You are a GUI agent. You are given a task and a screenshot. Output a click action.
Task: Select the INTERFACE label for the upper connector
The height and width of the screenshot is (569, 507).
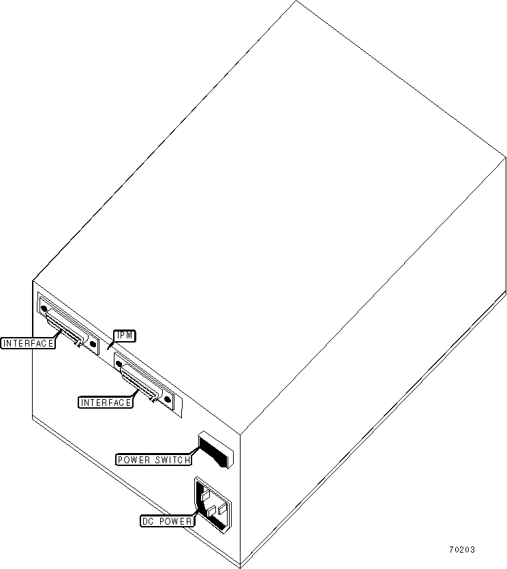pyautogui.click(x=28, y=343)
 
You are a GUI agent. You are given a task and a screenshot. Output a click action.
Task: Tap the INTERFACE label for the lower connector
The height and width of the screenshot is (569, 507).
pyautogui.click(x=106, y=403)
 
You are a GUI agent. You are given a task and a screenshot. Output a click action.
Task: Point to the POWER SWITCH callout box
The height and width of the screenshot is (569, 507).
pyautogui.click(x=154, y=460)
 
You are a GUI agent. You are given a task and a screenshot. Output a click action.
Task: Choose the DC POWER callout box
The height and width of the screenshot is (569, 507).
pyautogui.click(x=167, y=522)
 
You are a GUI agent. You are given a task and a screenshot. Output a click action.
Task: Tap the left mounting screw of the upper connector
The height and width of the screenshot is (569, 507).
pyautogui.click(x=45, y=310)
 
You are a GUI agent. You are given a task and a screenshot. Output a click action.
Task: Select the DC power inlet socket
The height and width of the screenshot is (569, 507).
pyautogui.click(x=213, y=506)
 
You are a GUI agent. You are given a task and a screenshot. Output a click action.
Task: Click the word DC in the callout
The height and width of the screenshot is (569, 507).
pyautogui.click(x=148, y=522)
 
